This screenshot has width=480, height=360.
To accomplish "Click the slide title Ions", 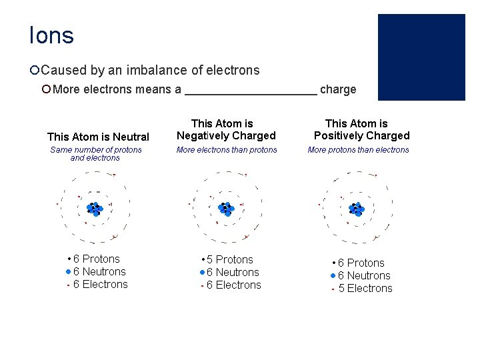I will point(51,35).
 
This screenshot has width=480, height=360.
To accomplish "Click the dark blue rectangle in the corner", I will point(421,57).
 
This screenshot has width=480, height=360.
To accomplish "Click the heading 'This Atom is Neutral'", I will point(98,137).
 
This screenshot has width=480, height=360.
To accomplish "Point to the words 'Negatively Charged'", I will point(225,135).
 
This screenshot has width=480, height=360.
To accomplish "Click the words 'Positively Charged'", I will point(361,135).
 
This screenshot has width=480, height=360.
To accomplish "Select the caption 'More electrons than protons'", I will point(226,150).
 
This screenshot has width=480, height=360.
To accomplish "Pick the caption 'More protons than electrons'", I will point(358,150).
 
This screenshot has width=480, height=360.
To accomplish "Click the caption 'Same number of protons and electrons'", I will point(96,154).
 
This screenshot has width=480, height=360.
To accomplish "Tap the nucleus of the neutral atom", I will point(95,209).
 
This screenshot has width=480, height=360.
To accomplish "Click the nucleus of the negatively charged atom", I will point(227,209).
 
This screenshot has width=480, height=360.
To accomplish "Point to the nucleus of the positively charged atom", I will point(357,209).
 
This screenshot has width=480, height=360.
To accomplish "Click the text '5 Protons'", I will point(229,259).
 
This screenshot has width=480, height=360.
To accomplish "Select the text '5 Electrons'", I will point(365,288).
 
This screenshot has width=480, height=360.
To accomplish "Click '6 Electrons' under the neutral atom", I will point(100,284).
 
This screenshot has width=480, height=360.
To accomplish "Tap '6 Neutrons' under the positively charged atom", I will point(363,275).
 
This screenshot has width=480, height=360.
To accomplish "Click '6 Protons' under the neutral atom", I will point(96,259).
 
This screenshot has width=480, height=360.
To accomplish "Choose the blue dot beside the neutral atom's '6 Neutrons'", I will point(69,272).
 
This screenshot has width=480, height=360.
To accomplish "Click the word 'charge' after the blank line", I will point(338,89).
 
